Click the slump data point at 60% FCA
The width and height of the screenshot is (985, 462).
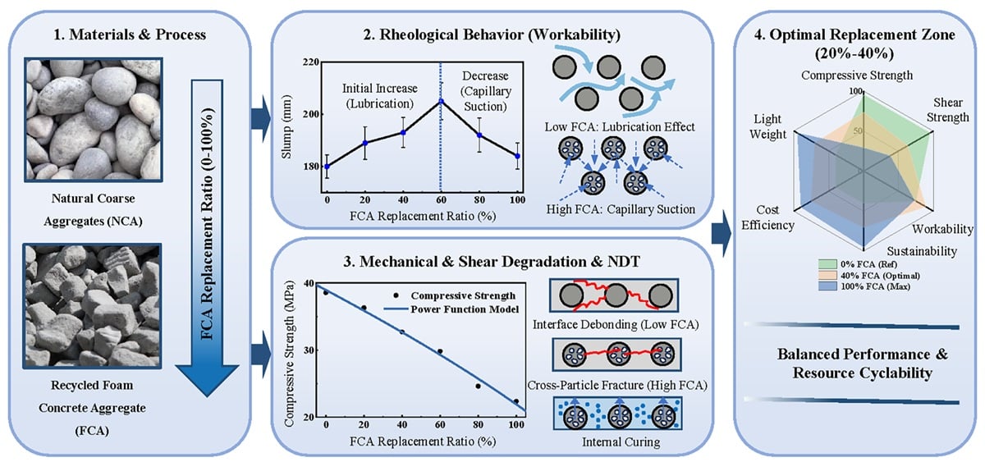click(x=441, y=101)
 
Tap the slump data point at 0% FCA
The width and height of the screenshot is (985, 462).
click(x=327, y=166)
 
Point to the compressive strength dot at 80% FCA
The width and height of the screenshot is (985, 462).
click(x=479, y=386)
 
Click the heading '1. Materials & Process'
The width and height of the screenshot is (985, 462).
click(x=135, y=36)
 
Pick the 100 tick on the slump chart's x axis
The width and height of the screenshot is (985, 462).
click(x=516, y=199)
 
